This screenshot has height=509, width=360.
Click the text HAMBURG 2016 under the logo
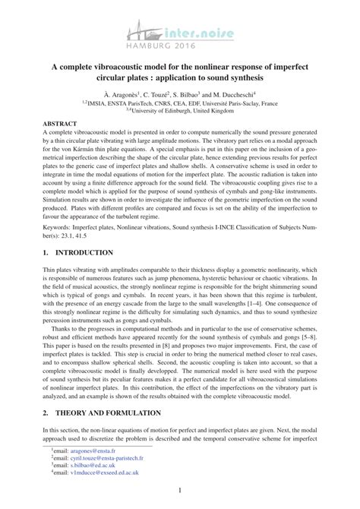click(173, 45)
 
